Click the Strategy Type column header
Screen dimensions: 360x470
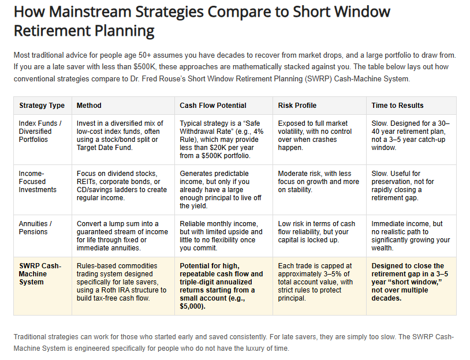[42, 106]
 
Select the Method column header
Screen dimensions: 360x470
[89, 106]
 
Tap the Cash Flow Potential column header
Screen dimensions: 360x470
[213, 106]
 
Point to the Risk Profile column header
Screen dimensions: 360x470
[297, 106]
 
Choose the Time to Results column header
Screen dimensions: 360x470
[397, 106]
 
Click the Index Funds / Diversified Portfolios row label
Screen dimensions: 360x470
[40, 132]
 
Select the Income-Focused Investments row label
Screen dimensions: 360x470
[38, 182]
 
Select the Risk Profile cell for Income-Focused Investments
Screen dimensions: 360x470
[318, 182]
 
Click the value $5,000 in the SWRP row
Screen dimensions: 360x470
[193, 306]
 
